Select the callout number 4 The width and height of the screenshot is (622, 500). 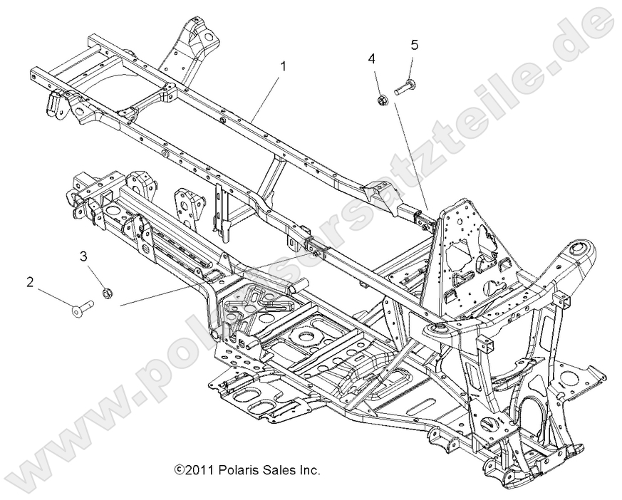pyautogui.click(x=372, y=58)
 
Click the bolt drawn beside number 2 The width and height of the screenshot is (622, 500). pyautogui.click(x=83, y=307)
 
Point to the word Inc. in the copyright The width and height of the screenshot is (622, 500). pyautogui.click(x=308, y=470)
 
